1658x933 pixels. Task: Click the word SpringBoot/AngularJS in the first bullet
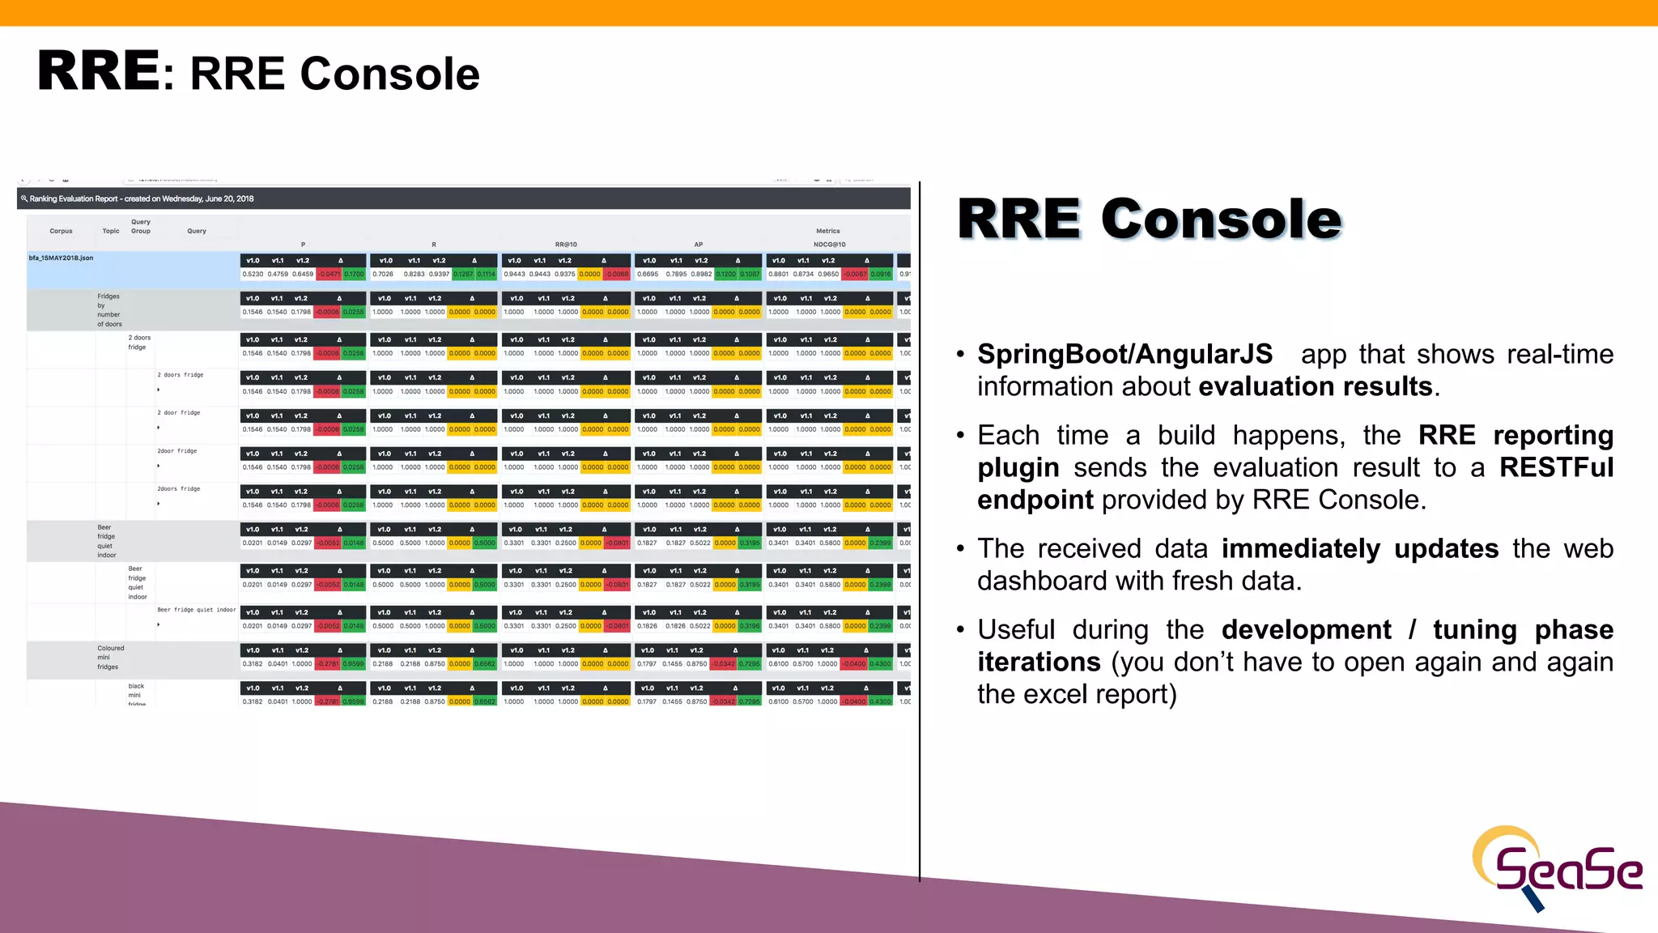coord(1124,355)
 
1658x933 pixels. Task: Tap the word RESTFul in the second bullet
coord(1556,468)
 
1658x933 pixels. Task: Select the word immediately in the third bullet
coord(1300,549)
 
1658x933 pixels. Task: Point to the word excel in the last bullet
coord(1043,695)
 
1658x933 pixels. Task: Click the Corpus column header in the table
coord(61,231)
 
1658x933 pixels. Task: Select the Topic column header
coord(111,231)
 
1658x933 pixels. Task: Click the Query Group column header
coord(141,226)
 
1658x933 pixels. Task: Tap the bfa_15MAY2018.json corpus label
coord(61,258)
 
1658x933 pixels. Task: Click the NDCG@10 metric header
coord(829,245)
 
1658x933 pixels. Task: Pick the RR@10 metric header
coord(566,245)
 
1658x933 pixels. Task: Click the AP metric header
coord(698,245)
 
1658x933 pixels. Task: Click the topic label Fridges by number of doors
coord(109,310)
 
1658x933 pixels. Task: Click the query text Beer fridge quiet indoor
coord(197,610)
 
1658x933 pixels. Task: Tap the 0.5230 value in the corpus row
coord(253,275)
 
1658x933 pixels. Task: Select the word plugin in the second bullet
coord(1018,468)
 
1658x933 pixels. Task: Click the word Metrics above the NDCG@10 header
coord(827,231)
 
